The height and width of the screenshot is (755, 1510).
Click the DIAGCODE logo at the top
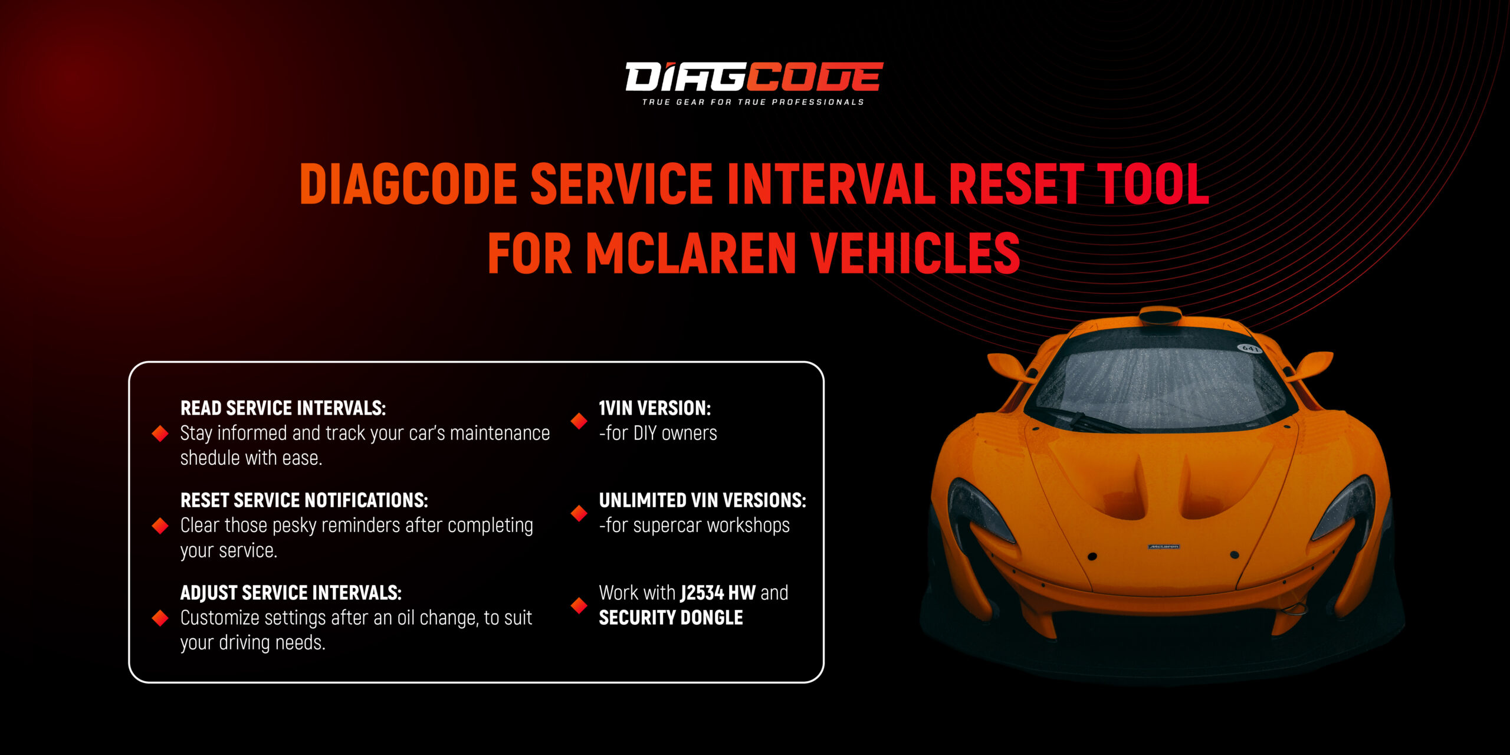754,77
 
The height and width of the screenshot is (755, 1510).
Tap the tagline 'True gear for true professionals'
753,102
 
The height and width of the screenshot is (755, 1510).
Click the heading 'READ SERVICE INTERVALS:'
283,408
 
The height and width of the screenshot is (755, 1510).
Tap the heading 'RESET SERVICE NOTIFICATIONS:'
304,500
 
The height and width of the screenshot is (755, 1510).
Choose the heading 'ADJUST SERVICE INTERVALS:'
291,593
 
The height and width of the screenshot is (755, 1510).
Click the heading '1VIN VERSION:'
655,408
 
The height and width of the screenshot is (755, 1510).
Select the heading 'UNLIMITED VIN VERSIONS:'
703,500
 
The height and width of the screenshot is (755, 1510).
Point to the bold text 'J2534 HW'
718,593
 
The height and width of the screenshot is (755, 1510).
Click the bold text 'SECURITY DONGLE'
671,618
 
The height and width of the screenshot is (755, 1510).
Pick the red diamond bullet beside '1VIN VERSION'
579,421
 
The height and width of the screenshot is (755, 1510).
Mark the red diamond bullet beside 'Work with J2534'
579,605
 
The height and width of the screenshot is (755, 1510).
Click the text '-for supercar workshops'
694,526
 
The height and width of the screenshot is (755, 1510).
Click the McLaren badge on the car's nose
1164,547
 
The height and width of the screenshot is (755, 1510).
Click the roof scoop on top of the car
1160,316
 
